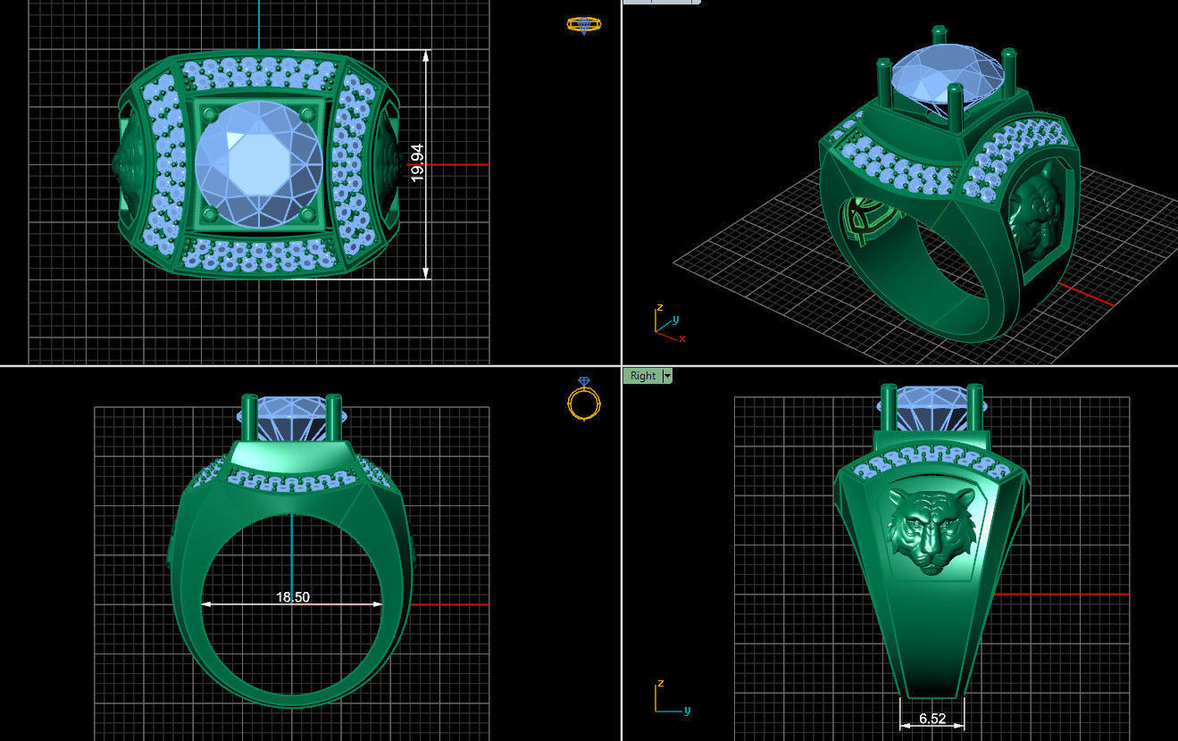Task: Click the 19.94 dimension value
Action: tap(417, 163)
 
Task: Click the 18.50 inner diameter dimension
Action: tap(293, 596)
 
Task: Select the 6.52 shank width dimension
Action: tap(932, 719)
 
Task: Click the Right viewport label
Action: tap(642, 376)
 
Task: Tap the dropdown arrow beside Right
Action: tap(667, 376)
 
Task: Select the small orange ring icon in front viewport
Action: tap(583, 400)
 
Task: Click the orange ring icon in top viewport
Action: tap(583, 24)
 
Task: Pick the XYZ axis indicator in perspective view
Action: tap(665, 322)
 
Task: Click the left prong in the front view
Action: tap(249, 420)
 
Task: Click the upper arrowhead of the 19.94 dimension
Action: tap(426, 56)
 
